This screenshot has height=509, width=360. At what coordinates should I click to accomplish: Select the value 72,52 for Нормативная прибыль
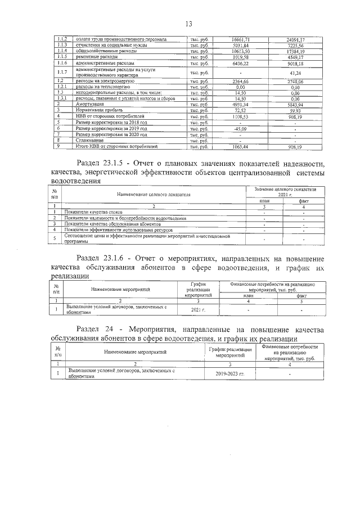(x=240, y=110)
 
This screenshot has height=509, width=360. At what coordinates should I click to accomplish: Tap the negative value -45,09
(x=240, y=128)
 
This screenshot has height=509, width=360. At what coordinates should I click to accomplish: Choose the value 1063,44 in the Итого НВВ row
(x=240, y=146)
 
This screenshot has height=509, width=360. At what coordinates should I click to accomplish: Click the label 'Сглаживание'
(x=89, y=140)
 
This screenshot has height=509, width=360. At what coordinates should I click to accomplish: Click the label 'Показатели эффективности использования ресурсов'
(x=118, y=230)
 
